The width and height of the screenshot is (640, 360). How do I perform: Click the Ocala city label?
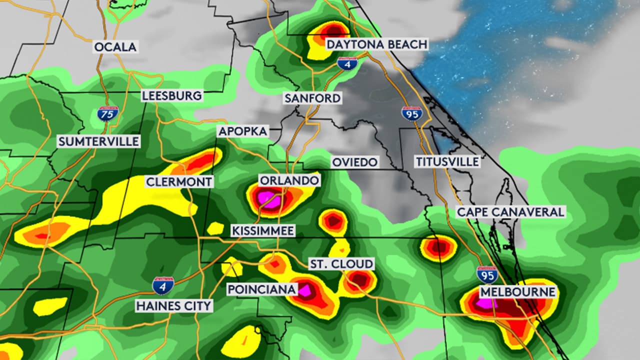coord(115,47)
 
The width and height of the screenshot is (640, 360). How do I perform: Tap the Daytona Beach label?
coord(377,44)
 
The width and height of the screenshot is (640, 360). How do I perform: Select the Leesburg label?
coord(172,95)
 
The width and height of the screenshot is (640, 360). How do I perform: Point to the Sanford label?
coord(312,98)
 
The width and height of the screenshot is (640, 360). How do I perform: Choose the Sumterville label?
coord(98,141)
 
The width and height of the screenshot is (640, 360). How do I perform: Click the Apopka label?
coord(243,131)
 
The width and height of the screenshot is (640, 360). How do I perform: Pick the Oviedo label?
coord(355,162)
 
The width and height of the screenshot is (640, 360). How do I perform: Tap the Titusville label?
coord(447,161)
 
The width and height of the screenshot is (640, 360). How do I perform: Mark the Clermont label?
coord(179,181)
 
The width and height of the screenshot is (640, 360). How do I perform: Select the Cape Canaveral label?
coord(510,212)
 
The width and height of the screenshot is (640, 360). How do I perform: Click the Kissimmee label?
coord(263,230)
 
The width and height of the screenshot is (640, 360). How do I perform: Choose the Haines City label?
coord(174,305)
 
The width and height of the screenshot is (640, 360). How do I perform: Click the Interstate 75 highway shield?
coord(108,112)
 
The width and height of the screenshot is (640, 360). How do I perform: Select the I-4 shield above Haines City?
coord(163,285)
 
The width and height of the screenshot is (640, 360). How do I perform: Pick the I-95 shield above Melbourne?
coord(487,274)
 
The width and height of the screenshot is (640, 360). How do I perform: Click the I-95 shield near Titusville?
coord(411,113)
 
